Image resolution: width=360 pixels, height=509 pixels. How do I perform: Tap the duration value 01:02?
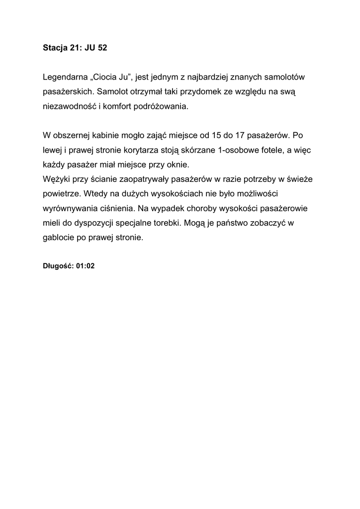86,266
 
